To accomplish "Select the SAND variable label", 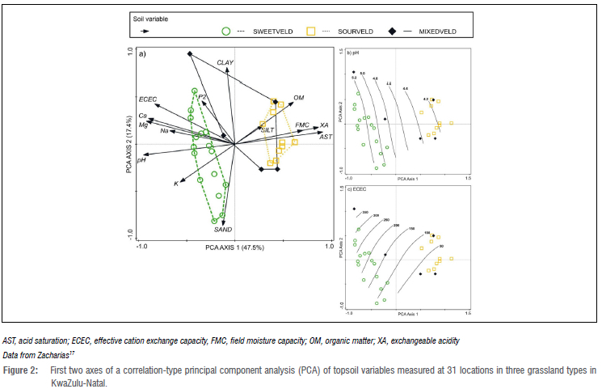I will pos(223,230).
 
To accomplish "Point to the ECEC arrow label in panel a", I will pos(147,99).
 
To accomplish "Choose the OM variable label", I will pos(298,96).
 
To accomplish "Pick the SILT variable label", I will pos(267,129).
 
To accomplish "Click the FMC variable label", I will pos(302,125).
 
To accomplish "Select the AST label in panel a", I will pos(326,137).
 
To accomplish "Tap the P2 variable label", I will pos(203,98).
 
